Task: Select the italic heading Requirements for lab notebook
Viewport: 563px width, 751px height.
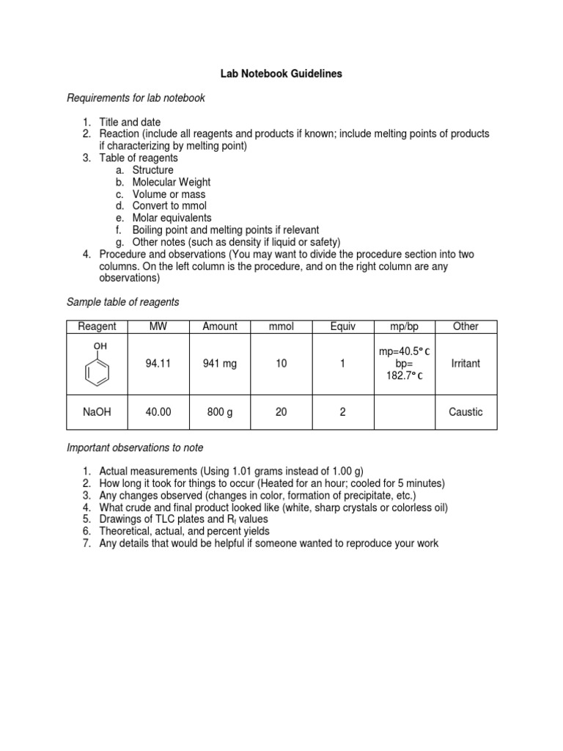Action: click(136, 98)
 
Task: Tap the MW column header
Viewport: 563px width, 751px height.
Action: click(158, 326)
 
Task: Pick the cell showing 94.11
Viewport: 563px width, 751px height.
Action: click(158, 364)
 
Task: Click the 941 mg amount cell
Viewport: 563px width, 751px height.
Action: click(220, 364)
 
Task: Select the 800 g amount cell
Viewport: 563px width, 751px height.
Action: click(220, 412)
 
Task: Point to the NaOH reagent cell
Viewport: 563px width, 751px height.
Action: click(97, 412)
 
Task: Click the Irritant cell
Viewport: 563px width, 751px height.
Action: click(466, 364)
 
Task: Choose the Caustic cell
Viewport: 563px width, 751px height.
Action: click(466, 412)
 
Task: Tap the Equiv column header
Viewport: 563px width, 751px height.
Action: click(342, 326)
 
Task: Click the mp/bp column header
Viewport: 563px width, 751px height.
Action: click(404, 326)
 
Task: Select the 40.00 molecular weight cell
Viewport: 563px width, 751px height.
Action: click(158, 412)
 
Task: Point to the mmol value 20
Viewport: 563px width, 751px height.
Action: click(281, 412)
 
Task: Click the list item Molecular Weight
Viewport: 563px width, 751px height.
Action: click(171, 182)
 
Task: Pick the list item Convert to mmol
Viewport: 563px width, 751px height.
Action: click(169, 206)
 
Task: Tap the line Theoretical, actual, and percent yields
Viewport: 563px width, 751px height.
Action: click(184, 531)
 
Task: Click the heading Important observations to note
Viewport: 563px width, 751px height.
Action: click(135, 447)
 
